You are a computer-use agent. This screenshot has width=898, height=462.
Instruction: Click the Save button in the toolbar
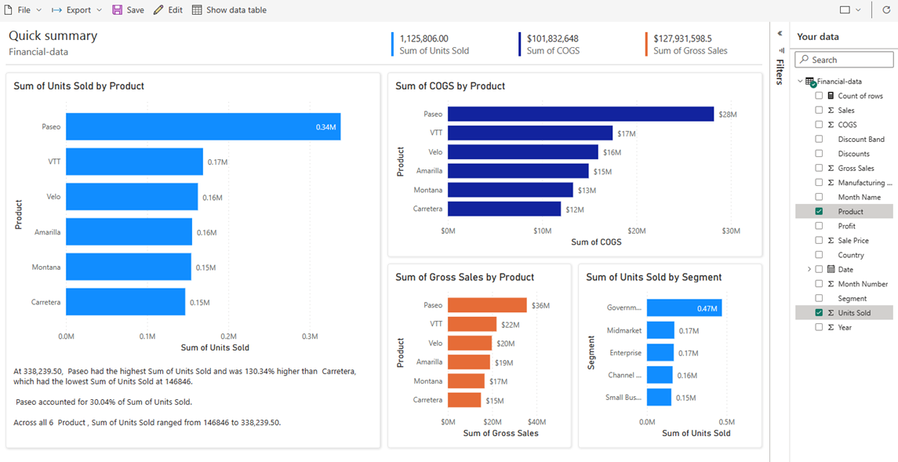(128, 10)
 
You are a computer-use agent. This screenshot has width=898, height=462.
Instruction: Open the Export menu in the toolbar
(77, 10)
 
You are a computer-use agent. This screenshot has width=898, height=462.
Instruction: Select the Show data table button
(229, 10)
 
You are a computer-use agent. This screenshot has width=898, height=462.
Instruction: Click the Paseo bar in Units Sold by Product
(202, 127)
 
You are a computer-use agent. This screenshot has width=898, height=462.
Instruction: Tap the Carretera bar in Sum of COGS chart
(504, 209)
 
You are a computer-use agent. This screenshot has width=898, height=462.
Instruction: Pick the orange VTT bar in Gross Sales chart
(472, 324)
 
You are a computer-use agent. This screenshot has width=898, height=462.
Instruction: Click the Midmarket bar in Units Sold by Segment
(660, 331)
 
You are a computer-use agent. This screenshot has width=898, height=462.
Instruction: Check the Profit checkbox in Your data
(819, 226)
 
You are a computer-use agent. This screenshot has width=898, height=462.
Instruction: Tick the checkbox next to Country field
(819, 255)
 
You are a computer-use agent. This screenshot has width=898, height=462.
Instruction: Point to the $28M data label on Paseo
(727, 115)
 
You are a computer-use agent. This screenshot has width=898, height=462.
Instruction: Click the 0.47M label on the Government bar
(707, 309)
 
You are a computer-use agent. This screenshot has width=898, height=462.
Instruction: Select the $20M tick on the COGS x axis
(636, 231)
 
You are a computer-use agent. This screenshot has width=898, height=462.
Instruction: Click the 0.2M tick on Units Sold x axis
(228, 336)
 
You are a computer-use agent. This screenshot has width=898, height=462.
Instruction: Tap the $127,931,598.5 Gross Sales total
(682, 38)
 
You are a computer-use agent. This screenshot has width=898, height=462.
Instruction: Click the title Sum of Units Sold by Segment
(653, 277)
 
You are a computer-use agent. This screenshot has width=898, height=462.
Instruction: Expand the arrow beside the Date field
(809, 270)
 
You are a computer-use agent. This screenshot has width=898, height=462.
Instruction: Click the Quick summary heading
(53, 36)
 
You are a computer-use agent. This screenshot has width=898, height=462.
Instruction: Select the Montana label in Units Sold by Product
(46, 267)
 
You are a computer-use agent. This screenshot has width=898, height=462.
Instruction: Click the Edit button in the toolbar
(168, 10)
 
